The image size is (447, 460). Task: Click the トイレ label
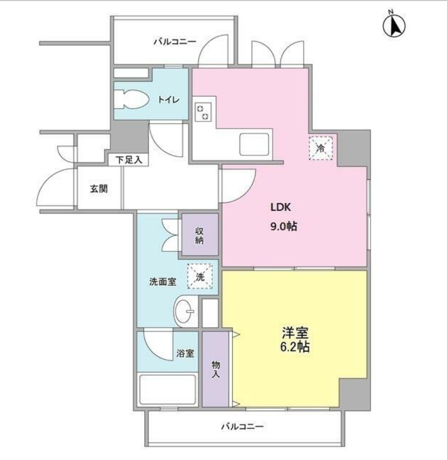pyautogui.click(x=169, y=99)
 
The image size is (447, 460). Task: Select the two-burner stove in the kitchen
pyautogui.click(x=203, y=112)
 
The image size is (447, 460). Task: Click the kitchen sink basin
pyautogui.click(x=254, y=144)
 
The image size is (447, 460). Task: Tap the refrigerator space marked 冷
pyautogui.click(x=321, y=148)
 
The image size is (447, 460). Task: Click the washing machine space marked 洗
pyautogui.click(x=200, y=277)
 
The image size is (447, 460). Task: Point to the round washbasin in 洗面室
pyautogui.click(x=185, y=311)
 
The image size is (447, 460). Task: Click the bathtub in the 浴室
pyautogui.click(x=168, y=390)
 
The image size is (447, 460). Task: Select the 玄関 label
pyautogui.click(x=98, y=189)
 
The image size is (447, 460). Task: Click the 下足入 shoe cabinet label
pyautogui.click(x=129, y=160)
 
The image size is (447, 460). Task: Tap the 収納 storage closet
pyautogui.click(x=200, y=235)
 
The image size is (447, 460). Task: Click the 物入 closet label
pyautogui.click(x=216, y=369)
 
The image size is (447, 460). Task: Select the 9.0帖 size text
pyautogui.click(x=283, y=226)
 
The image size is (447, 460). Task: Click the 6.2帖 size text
pyautogui.click(x=295, y=347)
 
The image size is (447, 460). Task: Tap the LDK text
pyautogui.click(x=280, y=207)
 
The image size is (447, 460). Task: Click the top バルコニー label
pyautogui.click(x=175, y=41)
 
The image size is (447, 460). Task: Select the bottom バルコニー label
pyautogui.click(x=242, y=426)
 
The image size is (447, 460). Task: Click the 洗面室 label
pyautogui.click(x=162, y=282)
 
